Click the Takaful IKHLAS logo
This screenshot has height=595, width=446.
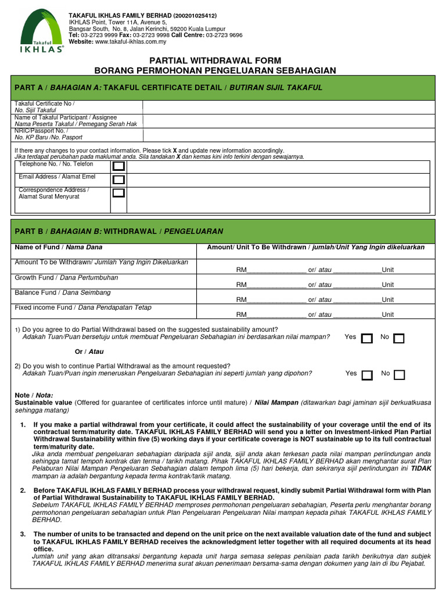(x=40, y=32)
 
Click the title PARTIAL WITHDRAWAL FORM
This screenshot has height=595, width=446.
(x=215, y=60)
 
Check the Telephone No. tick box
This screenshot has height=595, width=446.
(x=118, y=166)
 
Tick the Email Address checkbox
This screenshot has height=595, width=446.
(x=118, y=180)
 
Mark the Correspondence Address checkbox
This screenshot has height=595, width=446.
(x=118, y=193)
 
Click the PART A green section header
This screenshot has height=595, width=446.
(x=223, y=88)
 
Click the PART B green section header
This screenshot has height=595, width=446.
(x=223, y=231)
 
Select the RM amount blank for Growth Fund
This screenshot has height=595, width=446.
(x=276, y=284)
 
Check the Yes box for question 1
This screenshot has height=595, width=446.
(x=366, y=339)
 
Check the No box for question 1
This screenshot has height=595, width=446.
(x=399, y=339)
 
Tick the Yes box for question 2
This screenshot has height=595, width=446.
(x=367, y=375)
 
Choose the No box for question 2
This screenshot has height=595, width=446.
(x=400, y=375)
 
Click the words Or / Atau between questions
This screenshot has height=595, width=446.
(x=89, y=352)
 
